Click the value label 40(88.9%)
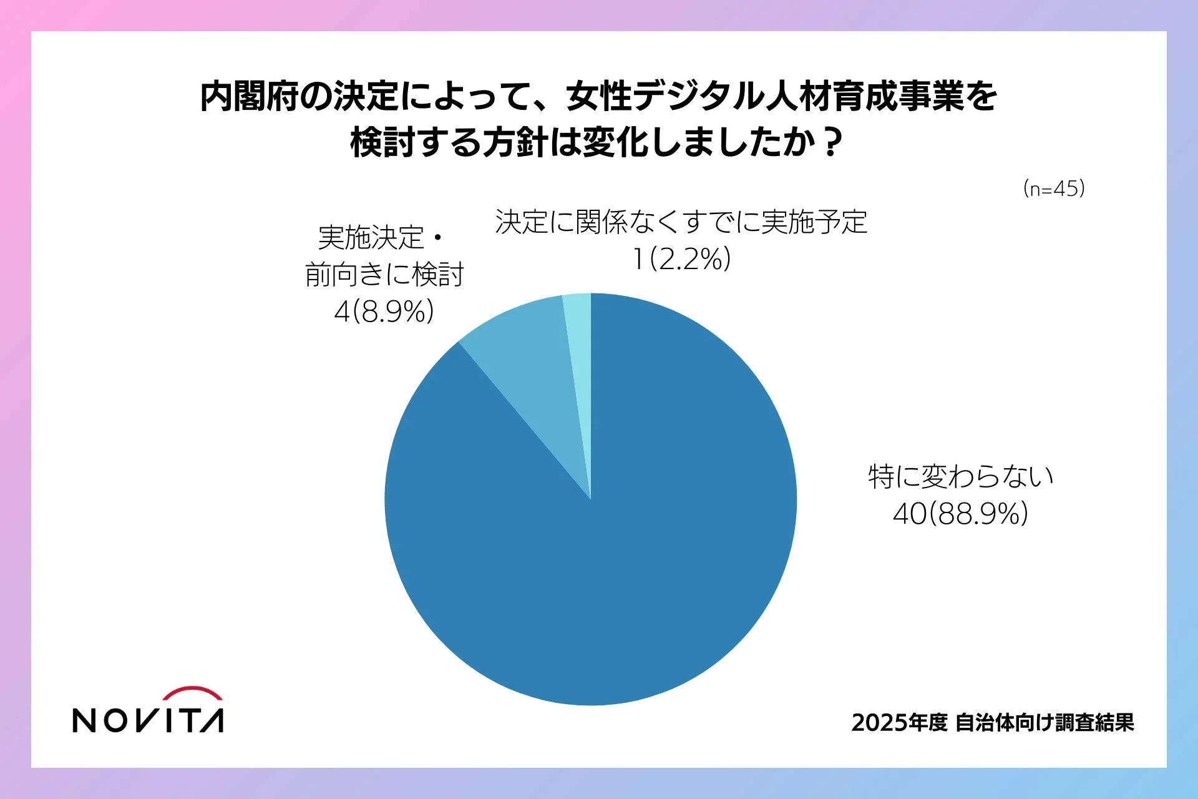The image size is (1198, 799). point(960,514)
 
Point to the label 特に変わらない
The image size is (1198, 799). point(960,477)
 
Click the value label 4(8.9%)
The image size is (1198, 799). point(384,311)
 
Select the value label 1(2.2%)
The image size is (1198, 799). point(681,259)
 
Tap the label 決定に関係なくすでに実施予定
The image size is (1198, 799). point(681,222)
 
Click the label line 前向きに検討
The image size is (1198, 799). point(384,275)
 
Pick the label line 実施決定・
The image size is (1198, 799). point(381,237)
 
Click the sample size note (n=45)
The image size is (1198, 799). point(1054,189)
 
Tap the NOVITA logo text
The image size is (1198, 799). point(148,720)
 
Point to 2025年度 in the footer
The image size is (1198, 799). point(899,723)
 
